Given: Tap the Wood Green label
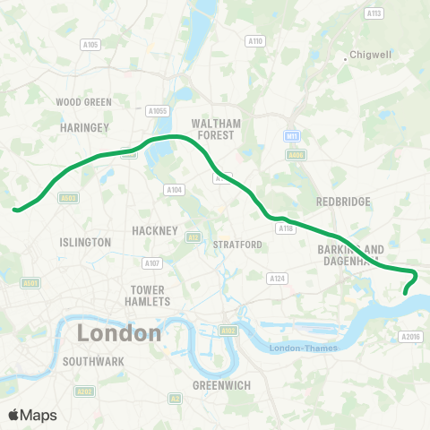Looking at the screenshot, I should coord(83,102).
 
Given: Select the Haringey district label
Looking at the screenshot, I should coord(83,128).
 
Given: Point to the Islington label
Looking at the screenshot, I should coord(85,242).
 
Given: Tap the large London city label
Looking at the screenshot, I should coord(119,333).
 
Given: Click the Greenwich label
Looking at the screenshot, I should coord(221,385).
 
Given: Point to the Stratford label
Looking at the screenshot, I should coord(237,245).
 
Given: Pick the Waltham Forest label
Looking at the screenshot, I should coord(213,129).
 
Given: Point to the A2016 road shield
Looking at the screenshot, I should coord(411,337).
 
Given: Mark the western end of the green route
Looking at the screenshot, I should coord(15,211).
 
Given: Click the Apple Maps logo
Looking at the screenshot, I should coord(31,415).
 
